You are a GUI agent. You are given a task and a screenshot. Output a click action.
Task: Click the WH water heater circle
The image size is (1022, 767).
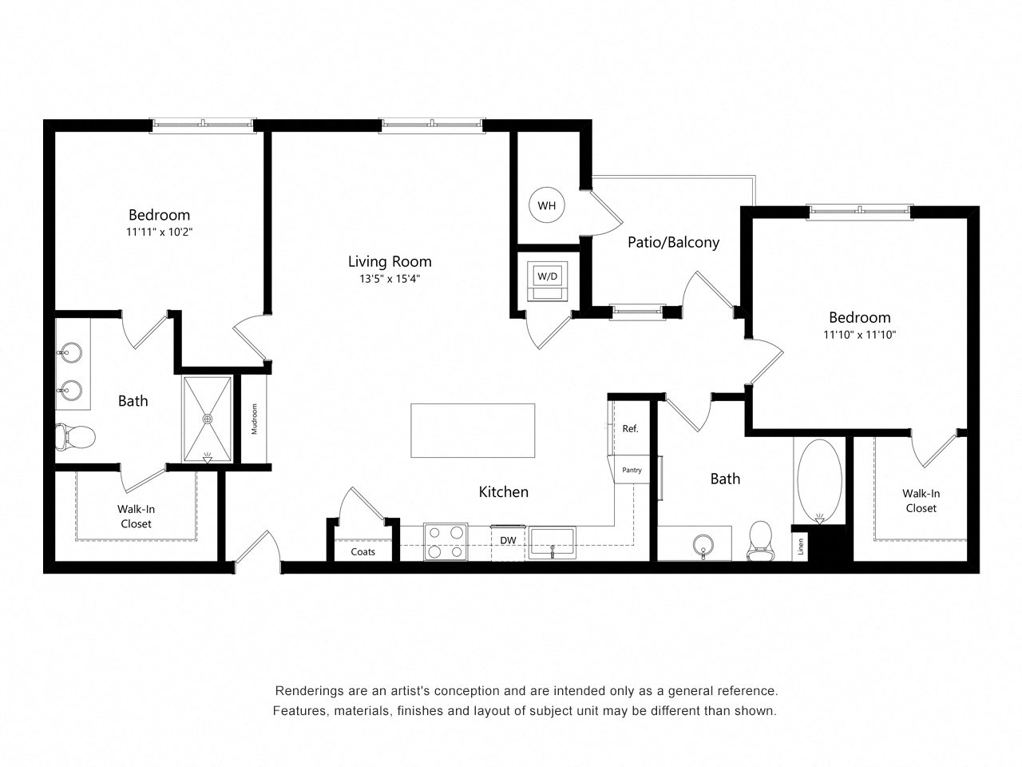click(547, 205)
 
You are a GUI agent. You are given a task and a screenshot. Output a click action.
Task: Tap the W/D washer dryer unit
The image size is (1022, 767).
click(547, 280)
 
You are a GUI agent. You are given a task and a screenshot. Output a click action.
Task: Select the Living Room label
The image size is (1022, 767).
click(390, 262)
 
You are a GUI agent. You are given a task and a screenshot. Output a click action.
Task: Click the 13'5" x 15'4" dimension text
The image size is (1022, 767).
click(390, 279)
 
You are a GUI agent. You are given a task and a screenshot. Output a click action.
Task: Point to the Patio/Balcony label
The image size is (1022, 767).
click(673, 242)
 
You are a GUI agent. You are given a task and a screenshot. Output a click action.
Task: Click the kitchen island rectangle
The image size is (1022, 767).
click(473, 431)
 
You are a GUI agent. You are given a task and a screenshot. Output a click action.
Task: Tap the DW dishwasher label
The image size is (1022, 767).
click(508, 540)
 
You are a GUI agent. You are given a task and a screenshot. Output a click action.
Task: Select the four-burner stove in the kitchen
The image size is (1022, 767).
click(446, 542)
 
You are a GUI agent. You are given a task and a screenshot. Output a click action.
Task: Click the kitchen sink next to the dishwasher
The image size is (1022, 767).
click(553, 543)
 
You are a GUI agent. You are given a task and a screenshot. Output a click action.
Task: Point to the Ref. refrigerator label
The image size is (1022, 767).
click(630, 428)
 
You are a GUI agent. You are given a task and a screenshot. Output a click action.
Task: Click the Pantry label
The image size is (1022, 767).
click(632, 470)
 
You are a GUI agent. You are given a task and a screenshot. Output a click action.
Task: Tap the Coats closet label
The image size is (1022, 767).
click(362, 552)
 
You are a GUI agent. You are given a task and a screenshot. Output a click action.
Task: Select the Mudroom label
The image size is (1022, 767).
click(254, 419)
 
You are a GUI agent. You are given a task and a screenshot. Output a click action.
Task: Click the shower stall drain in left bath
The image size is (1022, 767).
click(207, 419)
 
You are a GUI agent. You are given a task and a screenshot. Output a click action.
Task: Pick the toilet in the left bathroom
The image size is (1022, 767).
click(75, 437)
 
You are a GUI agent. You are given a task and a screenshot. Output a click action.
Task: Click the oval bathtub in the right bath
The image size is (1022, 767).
click(819, 480)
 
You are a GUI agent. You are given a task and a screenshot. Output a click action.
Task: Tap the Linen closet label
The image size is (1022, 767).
click(801, 546)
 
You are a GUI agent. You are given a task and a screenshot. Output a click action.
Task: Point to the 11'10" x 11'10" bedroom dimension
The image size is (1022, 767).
click(859, 335)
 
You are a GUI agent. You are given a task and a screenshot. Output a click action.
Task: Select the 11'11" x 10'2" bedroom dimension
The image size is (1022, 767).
click(159, 232)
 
